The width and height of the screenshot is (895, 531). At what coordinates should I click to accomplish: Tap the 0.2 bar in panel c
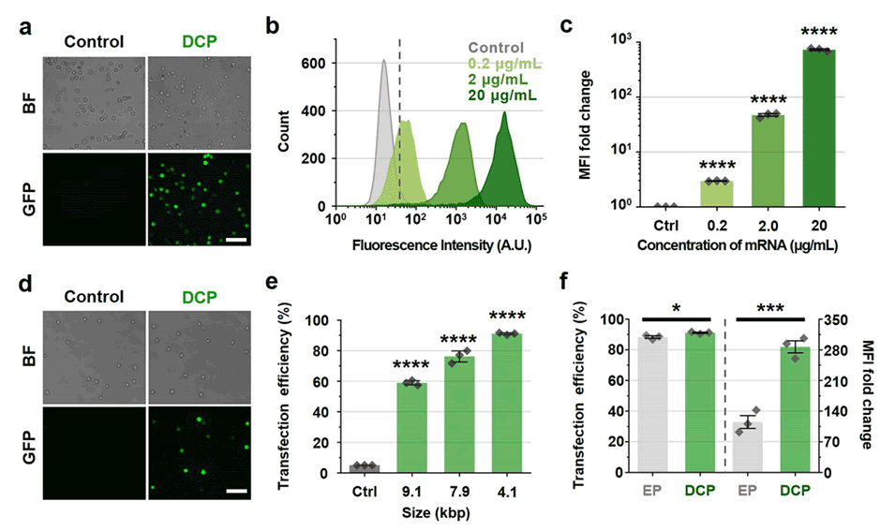coord(715,193)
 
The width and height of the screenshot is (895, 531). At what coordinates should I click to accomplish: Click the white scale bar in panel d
coord(234,490)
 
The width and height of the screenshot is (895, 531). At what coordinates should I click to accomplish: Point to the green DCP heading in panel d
coord(198,297)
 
